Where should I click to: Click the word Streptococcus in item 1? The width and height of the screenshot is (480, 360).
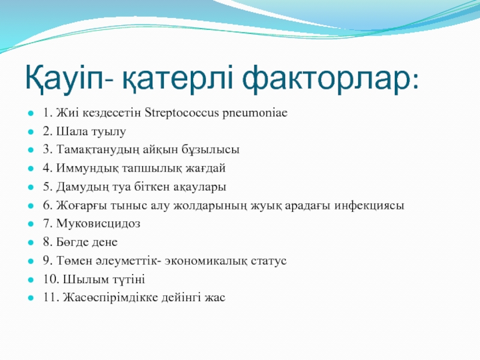point(182,113)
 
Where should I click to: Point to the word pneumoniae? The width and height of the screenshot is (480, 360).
point(255,113)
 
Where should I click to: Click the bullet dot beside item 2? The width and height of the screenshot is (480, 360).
point(31,132)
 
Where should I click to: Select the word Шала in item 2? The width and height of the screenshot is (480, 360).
point(70,131)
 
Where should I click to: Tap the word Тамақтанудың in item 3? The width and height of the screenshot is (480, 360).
point(98,151)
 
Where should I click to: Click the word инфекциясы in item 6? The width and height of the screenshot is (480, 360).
point(369,206)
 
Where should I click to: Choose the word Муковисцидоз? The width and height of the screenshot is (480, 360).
point(98,224)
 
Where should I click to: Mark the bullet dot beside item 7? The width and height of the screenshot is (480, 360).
point(31,224)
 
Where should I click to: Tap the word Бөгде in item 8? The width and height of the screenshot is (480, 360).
point(72,242)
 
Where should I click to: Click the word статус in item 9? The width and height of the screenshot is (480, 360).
point(269,261)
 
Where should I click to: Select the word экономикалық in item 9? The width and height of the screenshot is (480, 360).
point(206,261)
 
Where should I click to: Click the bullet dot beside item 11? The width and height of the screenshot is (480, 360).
point(31,298)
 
